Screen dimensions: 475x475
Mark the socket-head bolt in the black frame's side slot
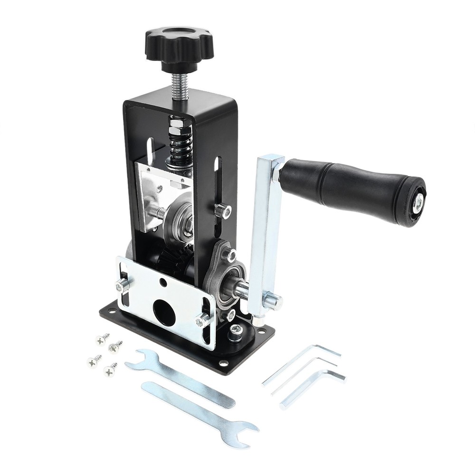point(222,209)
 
